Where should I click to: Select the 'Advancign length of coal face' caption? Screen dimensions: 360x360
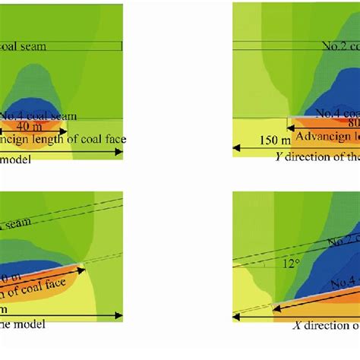[x=61, y=139]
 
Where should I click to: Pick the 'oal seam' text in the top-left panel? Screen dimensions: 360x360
[x=23, y=46]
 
